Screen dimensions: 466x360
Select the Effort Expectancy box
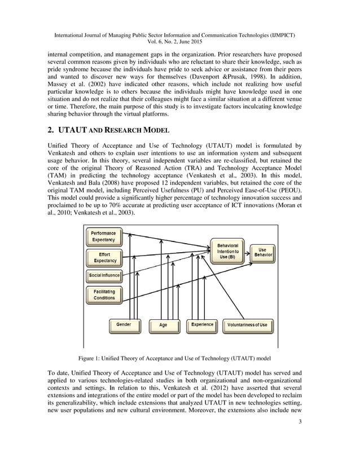[104, 257]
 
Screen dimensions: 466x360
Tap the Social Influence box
[104, 275]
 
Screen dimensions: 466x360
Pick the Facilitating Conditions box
[104, 294]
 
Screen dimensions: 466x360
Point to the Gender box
[124, 325]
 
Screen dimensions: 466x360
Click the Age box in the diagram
[163, 326]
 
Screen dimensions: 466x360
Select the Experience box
[202, 325]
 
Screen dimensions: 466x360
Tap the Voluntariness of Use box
[247, 326]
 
